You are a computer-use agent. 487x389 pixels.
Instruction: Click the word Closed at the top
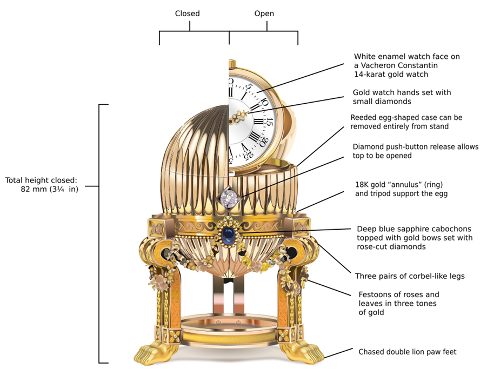pos(188,14)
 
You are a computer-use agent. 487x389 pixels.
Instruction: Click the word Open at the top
pos(264,14)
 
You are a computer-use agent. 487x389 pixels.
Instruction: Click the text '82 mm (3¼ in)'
pos(49,190)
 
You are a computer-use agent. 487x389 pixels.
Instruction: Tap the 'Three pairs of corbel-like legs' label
pos(410,276)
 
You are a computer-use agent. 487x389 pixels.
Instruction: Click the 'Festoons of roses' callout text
pos(399,295)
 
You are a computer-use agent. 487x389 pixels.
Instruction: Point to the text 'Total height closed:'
pos(42,180)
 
